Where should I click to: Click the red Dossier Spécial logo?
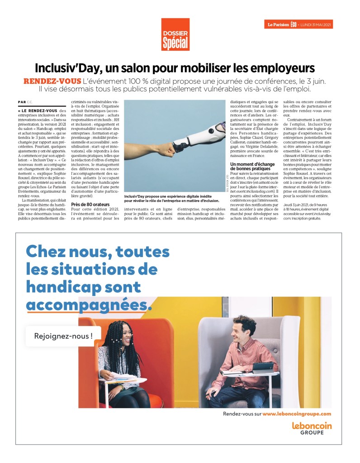pos(175,34)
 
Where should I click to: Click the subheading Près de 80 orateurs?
pos(90,205)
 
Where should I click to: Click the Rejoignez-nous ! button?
pos(63,336)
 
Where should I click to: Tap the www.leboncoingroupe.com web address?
pos(297,414)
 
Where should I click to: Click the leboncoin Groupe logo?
pos(312,428)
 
